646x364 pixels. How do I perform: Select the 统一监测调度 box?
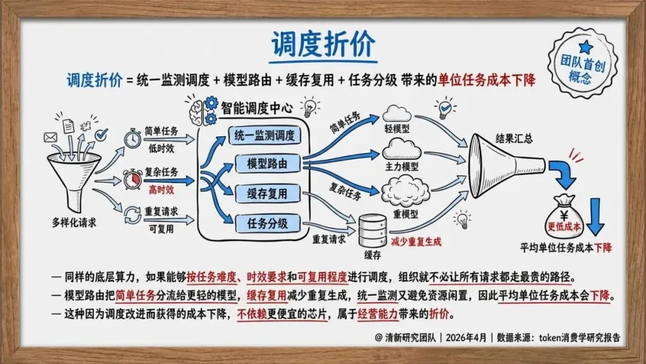click(x=264, y=136)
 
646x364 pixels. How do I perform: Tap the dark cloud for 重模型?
click(x=400, y=187)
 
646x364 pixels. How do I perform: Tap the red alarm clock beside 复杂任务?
click(x=133, y=178)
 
